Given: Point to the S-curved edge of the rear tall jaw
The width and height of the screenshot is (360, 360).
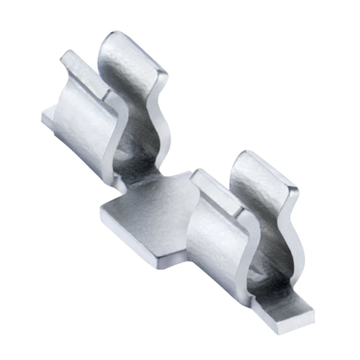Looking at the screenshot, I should tap(158, 119).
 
